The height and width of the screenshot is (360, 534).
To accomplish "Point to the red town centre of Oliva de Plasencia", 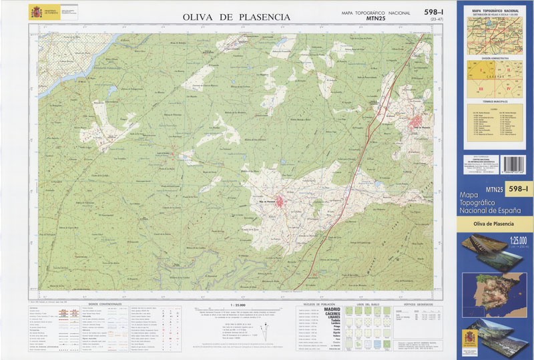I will [283, 201].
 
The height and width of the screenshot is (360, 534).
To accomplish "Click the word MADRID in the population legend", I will [332, 310].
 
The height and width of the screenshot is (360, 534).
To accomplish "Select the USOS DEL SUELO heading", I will [368, 305].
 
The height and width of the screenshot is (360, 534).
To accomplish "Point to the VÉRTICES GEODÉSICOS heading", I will [415, 305].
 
